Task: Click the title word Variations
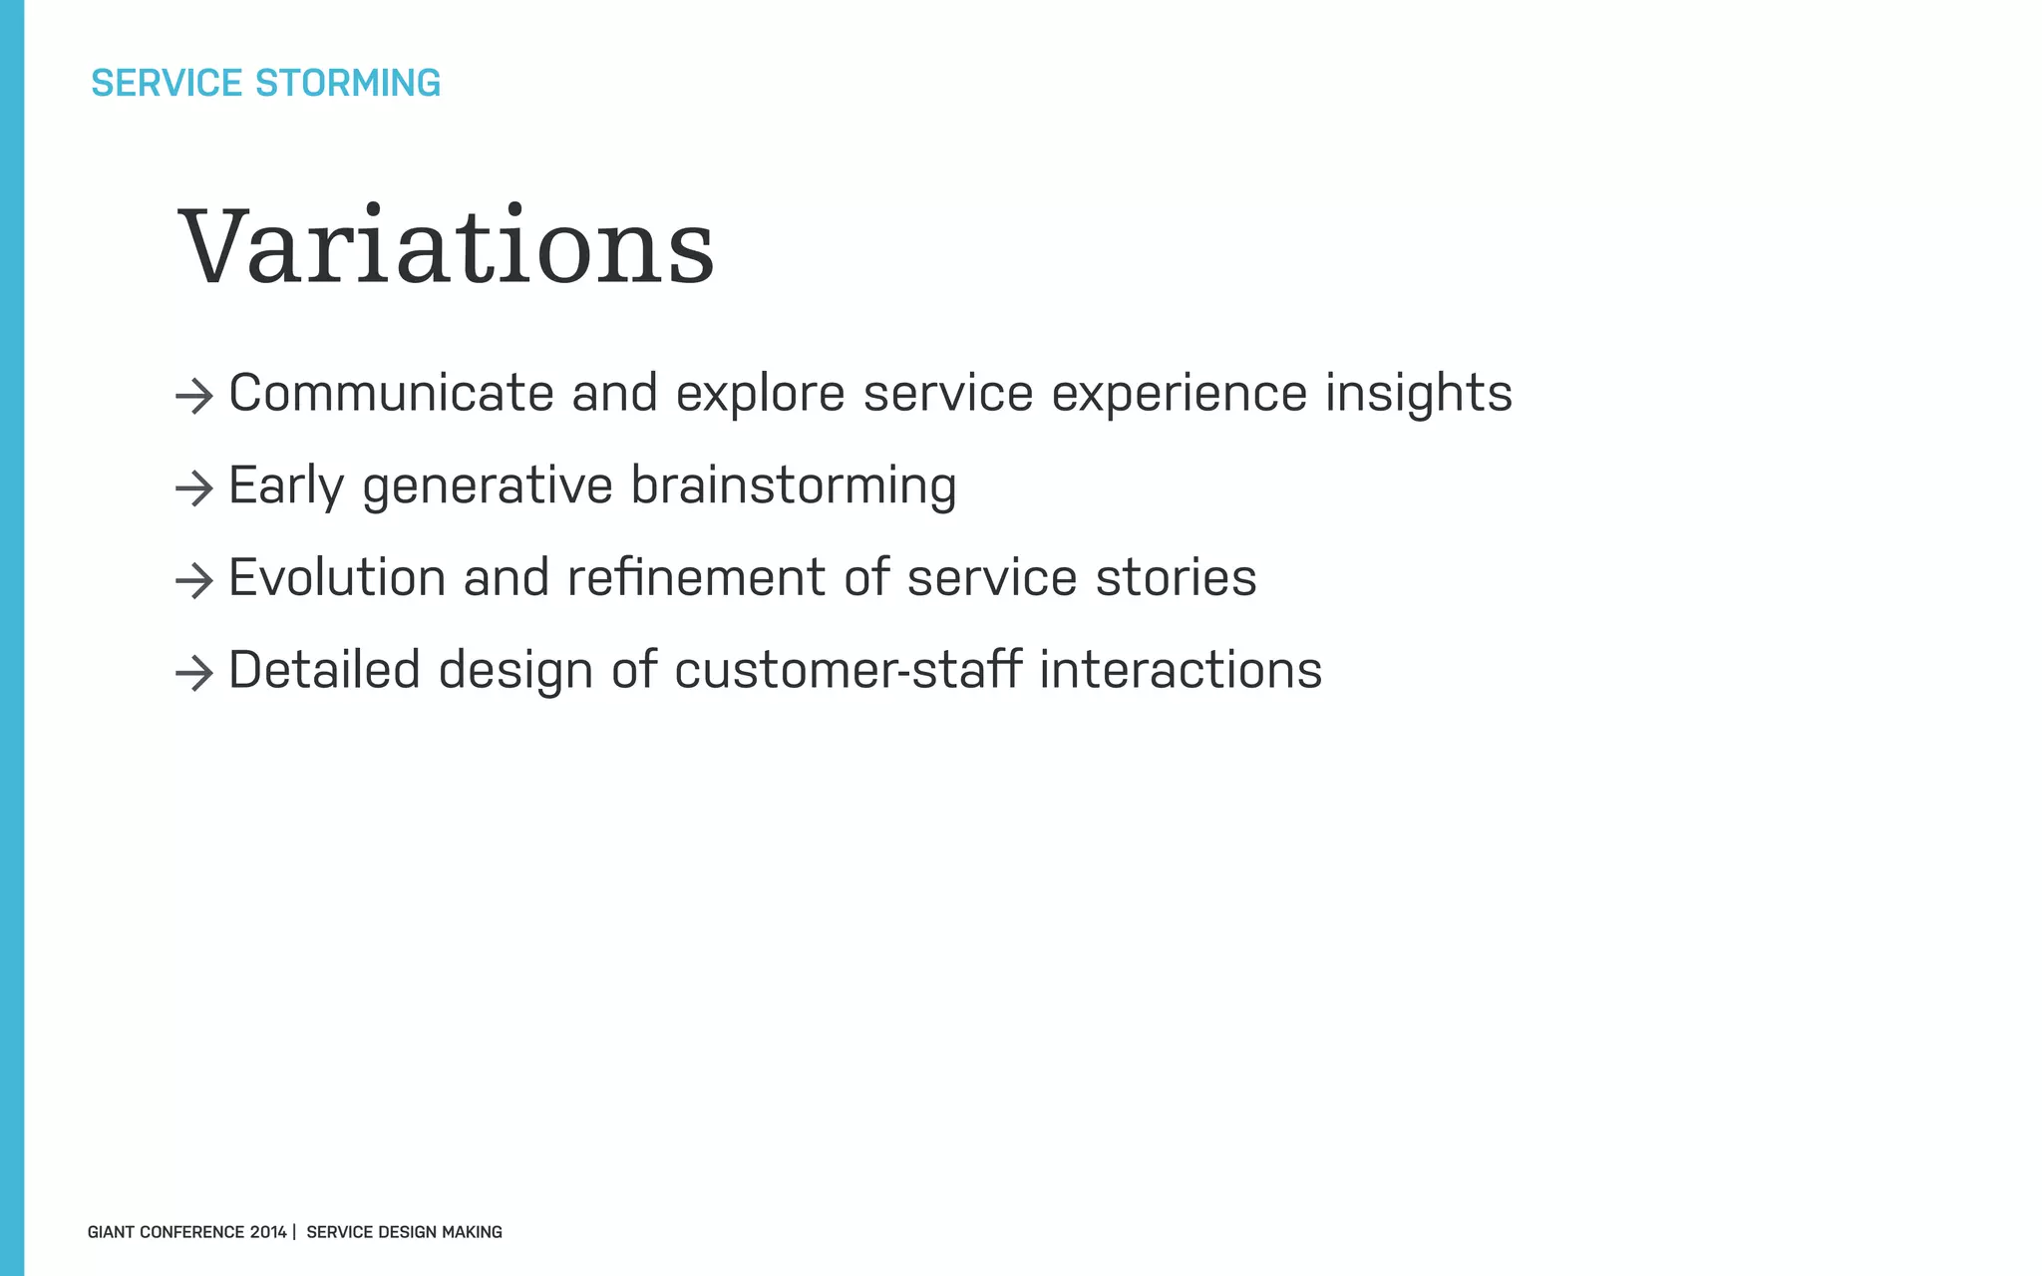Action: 447,246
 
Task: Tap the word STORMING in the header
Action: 348,83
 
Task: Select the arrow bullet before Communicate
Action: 194,397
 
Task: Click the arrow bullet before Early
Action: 194,488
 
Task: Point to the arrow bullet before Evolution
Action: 194,581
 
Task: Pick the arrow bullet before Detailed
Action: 194,674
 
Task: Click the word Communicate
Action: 391,393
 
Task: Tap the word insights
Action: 1418,393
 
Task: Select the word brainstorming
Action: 794,485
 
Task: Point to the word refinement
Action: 696,577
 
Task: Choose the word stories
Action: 1176,577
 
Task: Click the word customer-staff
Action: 848,670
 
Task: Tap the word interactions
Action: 1181,670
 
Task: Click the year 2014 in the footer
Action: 268,1232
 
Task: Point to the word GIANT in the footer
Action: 111,1232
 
